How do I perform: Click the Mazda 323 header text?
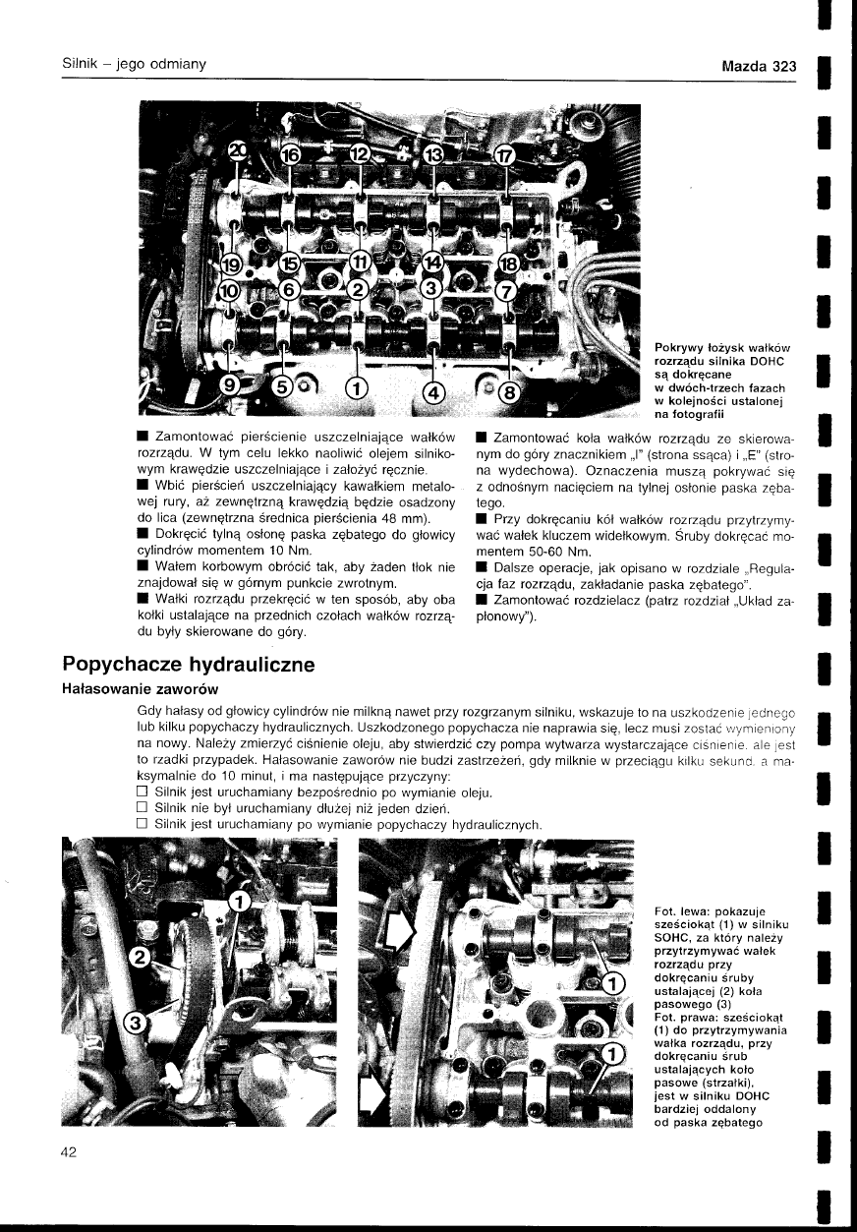pos(758,67)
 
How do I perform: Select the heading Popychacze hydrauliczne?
pos(188,664)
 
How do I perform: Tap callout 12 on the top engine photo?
pos(360,155)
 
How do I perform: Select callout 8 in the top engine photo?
pos(508,392)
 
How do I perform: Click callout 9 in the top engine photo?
pos(232,384)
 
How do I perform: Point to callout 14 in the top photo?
pos(433,264)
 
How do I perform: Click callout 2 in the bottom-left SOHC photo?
pos(141,958)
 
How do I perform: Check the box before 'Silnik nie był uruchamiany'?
pos(142,807)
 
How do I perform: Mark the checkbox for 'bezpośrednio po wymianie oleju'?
pos(142,792)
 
